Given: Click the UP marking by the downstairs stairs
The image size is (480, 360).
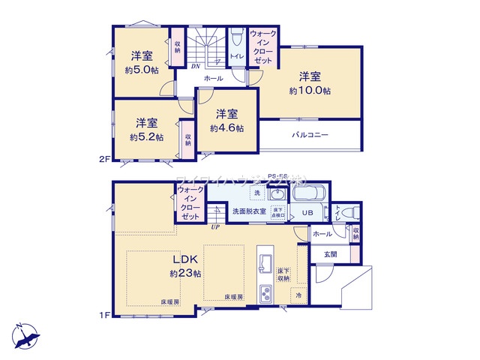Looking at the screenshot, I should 215,226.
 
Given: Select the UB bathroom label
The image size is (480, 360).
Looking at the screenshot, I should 307,212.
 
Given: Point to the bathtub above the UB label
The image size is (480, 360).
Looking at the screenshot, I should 307,194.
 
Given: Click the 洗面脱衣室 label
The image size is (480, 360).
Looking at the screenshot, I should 247,211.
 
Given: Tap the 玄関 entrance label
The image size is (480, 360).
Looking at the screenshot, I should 331,254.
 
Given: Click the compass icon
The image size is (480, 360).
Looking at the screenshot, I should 25,335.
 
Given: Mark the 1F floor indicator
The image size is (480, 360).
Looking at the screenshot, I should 105,314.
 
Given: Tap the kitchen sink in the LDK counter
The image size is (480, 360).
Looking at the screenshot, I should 265,262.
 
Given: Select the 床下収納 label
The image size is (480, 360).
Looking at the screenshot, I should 283,273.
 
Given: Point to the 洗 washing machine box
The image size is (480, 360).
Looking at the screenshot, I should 258,194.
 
